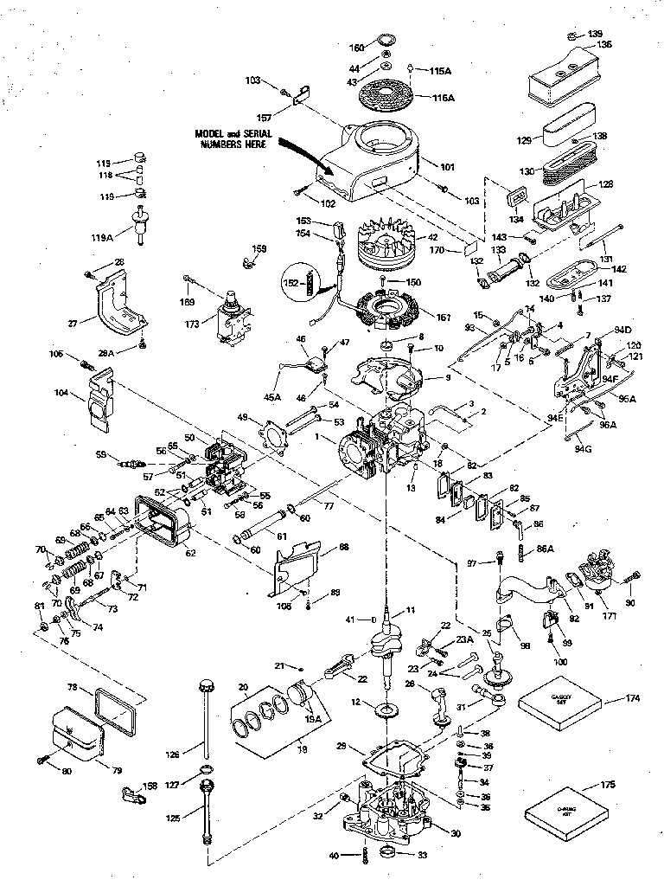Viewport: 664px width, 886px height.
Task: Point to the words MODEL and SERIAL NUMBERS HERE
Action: click(x=234, y=139)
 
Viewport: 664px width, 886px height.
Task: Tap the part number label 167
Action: click(x=444, y=318)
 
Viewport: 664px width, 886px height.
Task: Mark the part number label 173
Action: click(x=193, y=324)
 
